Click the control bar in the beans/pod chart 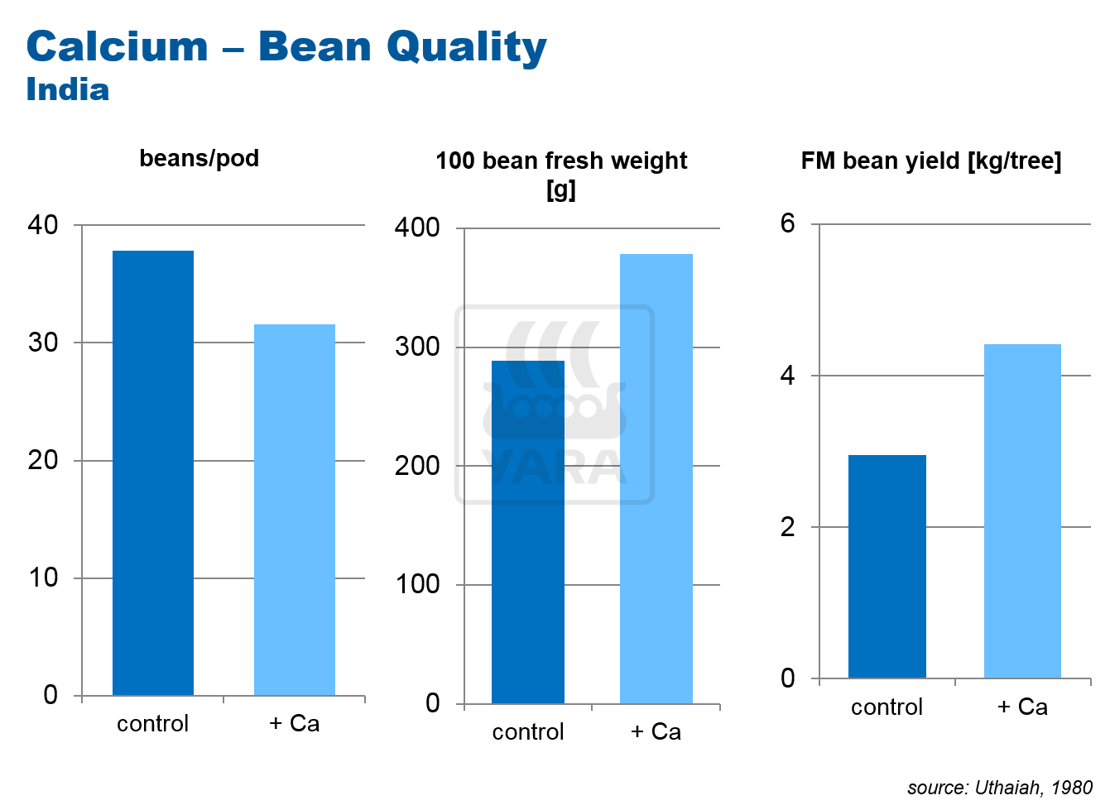tap(153, 472)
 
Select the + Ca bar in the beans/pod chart tap(295, 510)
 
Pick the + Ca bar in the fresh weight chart tap(656, 479)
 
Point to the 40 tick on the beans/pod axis tap(43, 225)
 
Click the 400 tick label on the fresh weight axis tap(417, 228)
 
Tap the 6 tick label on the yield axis tap(787, 223)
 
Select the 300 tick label tap(417, 347)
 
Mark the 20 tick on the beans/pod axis tap(43, 460)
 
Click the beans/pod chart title tap(199, 158)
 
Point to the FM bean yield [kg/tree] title tap(930, 161)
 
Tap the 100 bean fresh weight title tap(561, 174)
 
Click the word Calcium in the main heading tap(117, 47)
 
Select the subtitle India tap(68, 90)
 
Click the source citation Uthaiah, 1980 tap(999, 787)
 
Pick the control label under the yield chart tap(887, 707)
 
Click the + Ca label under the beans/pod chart tap(295, 724)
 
